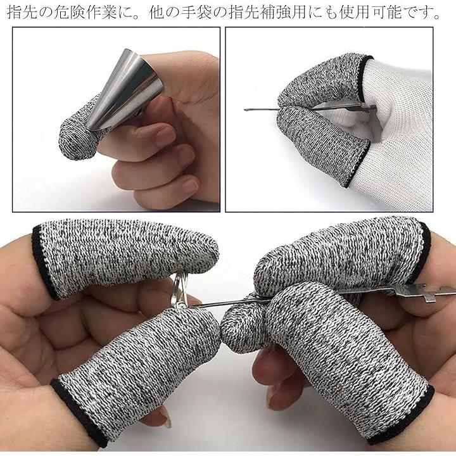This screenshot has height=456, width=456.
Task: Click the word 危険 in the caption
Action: [68, 13]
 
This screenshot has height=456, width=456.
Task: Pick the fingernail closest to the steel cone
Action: [165, 136]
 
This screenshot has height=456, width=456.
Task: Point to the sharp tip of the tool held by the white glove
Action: [246, 110]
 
